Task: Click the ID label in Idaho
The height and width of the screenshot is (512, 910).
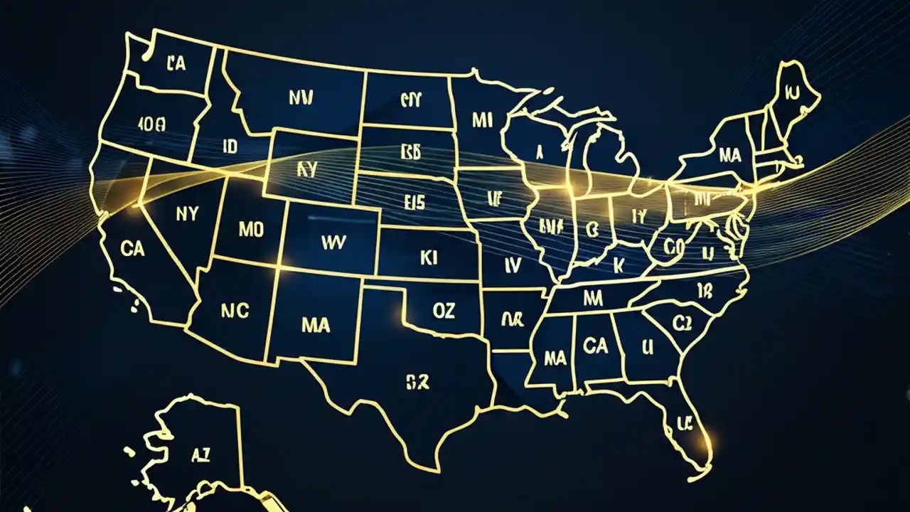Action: tap(230, 147)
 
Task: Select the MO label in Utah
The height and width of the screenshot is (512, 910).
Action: tap(250, 230)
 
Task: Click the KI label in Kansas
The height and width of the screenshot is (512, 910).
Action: tap(429, 258)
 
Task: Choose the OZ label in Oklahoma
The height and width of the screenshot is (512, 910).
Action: tap(443, 309)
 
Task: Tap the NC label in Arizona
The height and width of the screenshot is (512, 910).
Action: tap(235, 311)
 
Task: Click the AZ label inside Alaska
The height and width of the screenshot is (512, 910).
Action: tap(200, 456)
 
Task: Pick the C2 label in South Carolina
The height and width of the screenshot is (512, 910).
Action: tap(682, 324)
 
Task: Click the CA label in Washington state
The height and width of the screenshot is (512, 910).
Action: tap(176, 64)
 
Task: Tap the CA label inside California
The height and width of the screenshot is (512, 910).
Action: tap(133, 249)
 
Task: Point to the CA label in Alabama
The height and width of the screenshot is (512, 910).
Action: tap(594, 346)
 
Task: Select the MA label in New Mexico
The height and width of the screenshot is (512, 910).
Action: tap(316, 325)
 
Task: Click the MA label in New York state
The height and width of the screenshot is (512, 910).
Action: tap(730, 154)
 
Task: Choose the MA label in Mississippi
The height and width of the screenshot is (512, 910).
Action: tap(554, 358)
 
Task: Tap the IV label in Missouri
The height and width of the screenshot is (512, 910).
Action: tap(513, 265)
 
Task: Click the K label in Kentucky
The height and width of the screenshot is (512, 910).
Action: tap(618, 265)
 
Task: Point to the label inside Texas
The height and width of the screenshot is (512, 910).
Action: tap(417, 383)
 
